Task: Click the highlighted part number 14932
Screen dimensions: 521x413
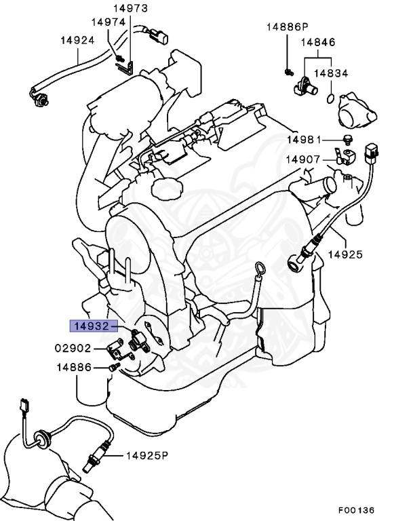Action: click(x=92, y=326)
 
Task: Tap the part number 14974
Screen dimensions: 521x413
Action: click(x=109, y=22)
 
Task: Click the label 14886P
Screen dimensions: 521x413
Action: click(x=287, y=27)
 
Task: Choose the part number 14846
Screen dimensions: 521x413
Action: click(x=318, y=42)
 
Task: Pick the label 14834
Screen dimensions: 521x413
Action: click(x=330, y=73)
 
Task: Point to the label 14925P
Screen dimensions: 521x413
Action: click(x=145, y=456)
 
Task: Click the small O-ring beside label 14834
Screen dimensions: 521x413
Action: click(x=330, y=99)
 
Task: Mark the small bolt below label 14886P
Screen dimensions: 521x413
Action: click(x=288, y=71)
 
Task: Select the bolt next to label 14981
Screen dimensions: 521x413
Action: click(x=348, y=140)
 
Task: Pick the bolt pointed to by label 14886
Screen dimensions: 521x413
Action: click(x=112, y=368)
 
